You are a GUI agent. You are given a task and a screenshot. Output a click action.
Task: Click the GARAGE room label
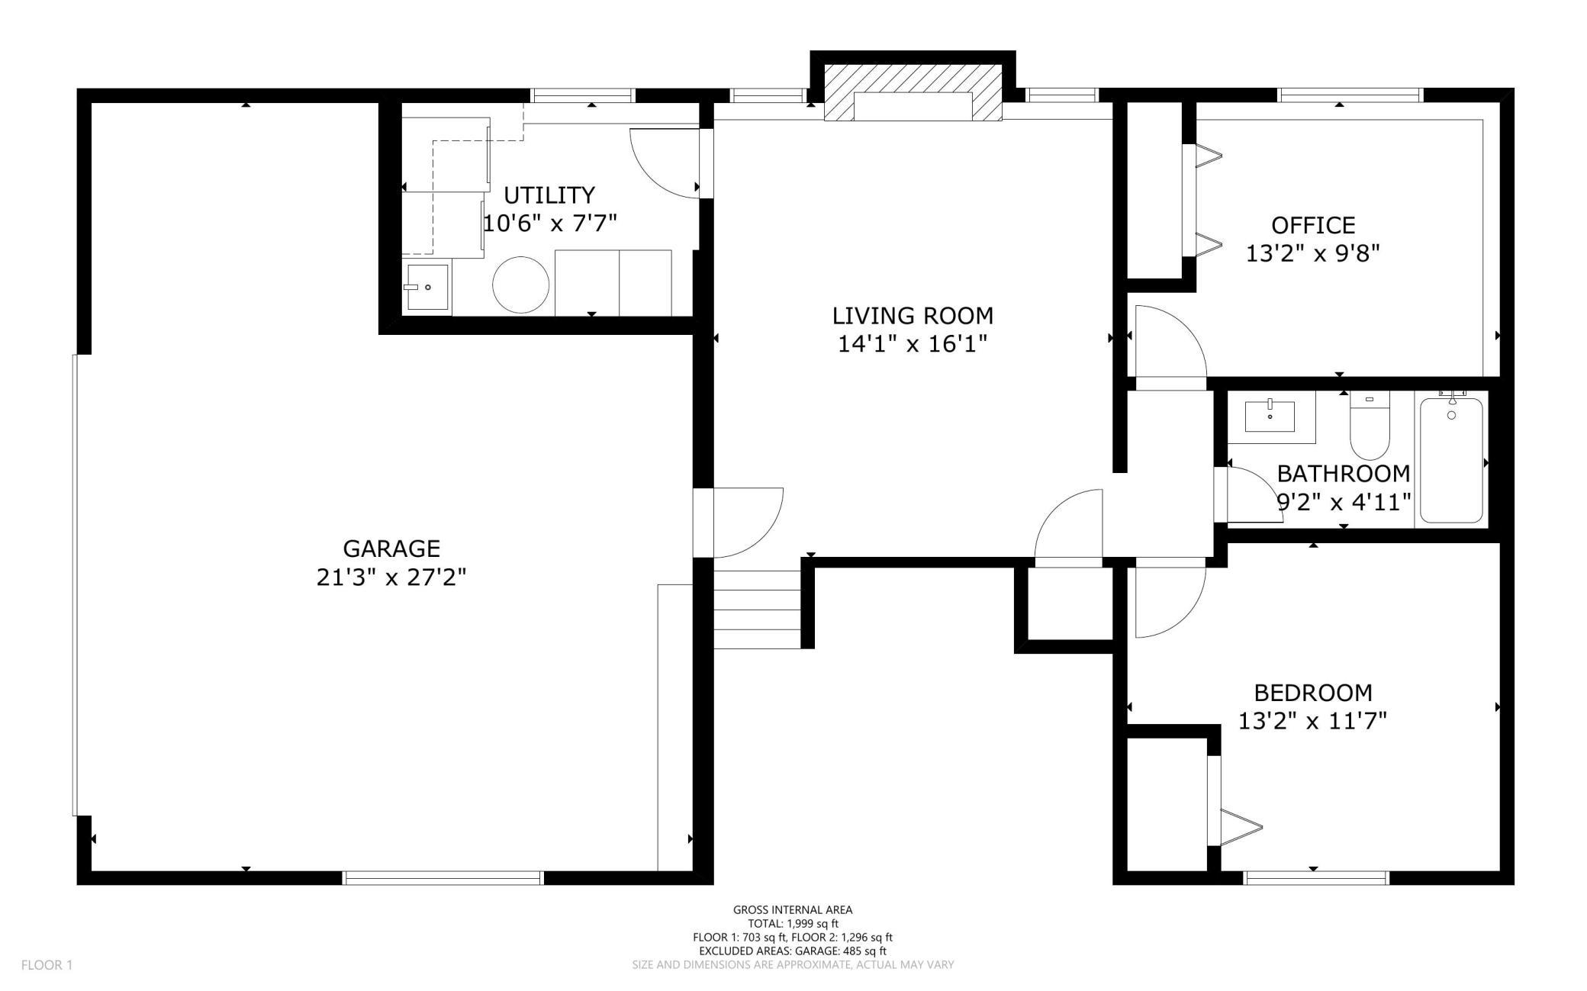click(391, 549)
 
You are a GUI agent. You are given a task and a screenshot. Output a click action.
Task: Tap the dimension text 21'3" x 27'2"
click(391, 578)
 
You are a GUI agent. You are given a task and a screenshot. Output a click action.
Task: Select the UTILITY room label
click(549, 195)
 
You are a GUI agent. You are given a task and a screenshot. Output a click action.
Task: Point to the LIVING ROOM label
click(913, 315)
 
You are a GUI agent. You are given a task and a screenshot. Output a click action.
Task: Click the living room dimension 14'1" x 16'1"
click(913, 344)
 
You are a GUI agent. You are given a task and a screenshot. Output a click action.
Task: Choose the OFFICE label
click(1313, 225)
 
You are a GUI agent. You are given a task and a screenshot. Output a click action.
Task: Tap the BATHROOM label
click(1344, 474)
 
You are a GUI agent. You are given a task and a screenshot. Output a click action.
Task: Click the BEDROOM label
click(1313, 693)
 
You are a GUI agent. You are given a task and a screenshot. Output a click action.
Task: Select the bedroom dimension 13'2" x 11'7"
click(1312, 721)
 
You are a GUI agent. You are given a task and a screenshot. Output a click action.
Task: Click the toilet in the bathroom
click(1370, 424)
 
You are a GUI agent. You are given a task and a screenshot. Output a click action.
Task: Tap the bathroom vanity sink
click(1270, 417)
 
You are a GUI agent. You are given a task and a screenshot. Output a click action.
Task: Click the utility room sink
click(427, 287)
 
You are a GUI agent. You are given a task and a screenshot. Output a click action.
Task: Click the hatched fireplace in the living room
click(913, 93)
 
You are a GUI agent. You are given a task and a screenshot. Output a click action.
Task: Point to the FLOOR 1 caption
click(47, 965)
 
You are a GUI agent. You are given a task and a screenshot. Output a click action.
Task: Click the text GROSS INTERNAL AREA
click(793, 909)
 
